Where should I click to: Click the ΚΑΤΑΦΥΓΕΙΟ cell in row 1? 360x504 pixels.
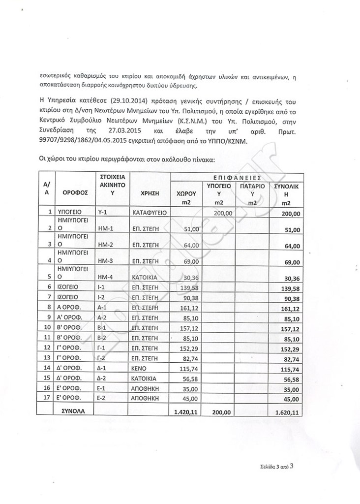(150, 213)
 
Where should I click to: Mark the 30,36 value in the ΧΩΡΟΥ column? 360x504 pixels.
(190, 278)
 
